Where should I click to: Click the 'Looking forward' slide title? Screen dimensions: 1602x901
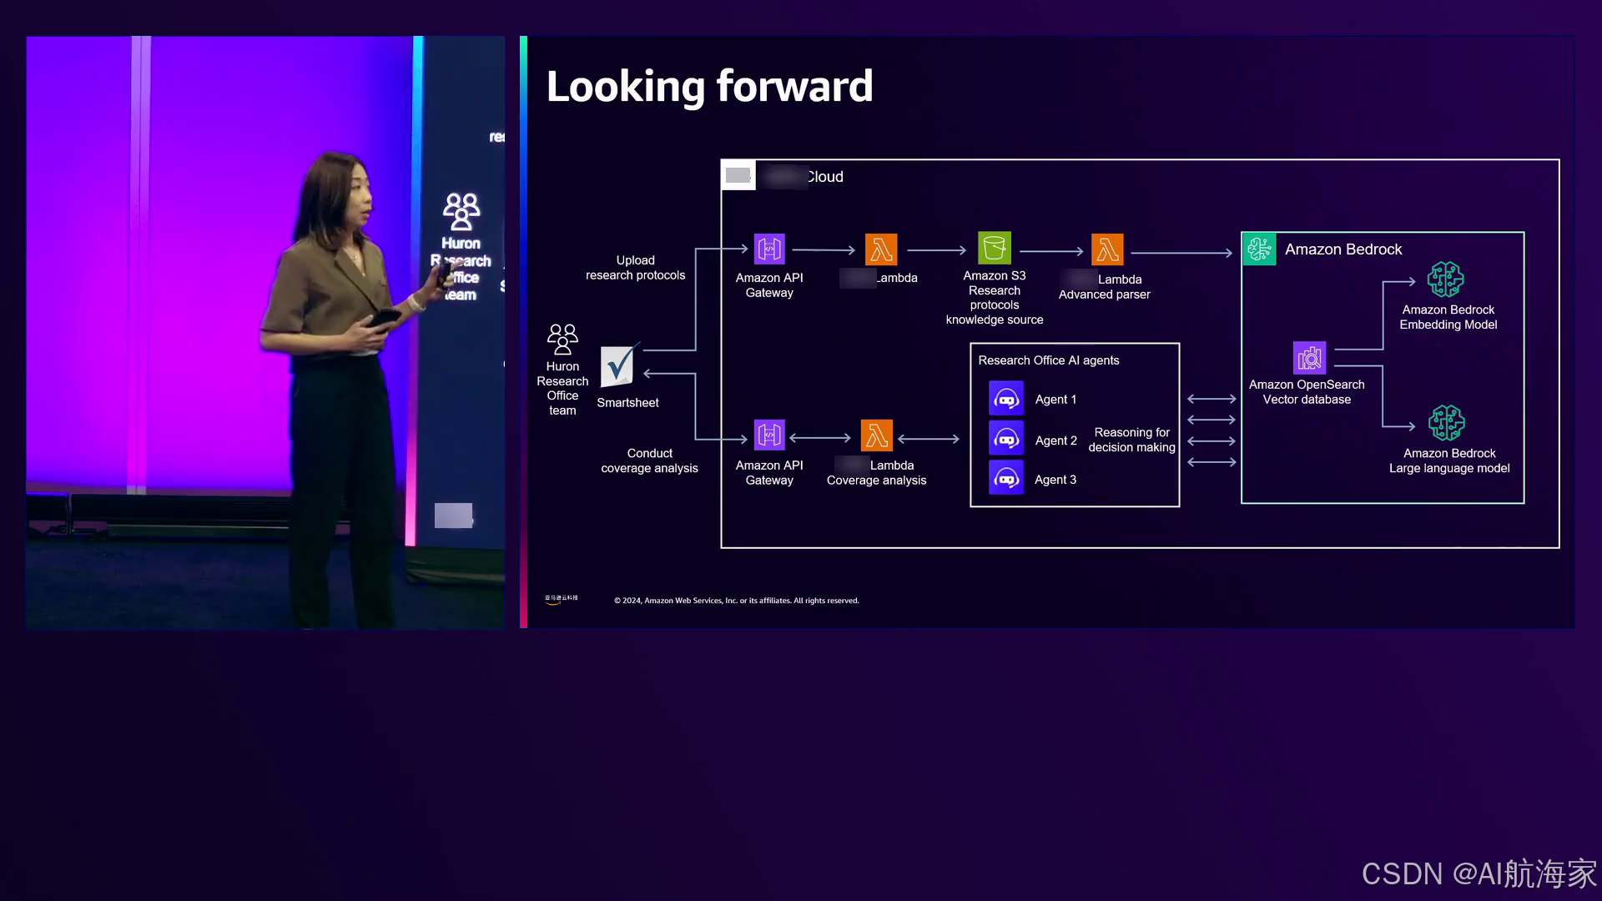[709, 87]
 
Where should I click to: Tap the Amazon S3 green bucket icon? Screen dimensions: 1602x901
[994, 249]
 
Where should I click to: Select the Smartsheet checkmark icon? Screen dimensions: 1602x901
[618, 365]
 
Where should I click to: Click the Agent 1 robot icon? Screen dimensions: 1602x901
[1006, 400]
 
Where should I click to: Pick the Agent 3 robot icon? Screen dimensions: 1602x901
[1006, 479]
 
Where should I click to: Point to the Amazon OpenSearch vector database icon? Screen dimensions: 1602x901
[1309, 358]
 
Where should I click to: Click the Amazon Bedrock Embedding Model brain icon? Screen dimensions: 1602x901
[1445, 279]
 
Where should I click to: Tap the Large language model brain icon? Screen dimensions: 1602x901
[1446, 423]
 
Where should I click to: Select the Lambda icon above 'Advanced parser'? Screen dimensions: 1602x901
[1107, 249]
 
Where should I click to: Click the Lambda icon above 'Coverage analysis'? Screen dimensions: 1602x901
[876, 435]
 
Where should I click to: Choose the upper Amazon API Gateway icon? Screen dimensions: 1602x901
[769, 249]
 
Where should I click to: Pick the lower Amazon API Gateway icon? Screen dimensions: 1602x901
[769, 435]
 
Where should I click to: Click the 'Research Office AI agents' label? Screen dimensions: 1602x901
[1049, 360]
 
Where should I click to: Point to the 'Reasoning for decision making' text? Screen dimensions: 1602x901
[1131, 440]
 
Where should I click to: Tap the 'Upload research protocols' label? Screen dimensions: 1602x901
[635, 268]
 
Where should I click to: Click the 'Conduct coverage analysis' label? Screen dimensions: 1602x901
[649, 461]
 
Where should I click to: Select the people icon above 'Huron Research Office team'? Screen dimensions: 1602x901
[562, 339]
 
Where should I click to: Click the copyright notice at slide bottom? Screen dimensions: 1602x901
[736, 601]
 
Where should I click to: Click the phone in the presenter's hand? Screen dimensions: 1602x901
[386, 318]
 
